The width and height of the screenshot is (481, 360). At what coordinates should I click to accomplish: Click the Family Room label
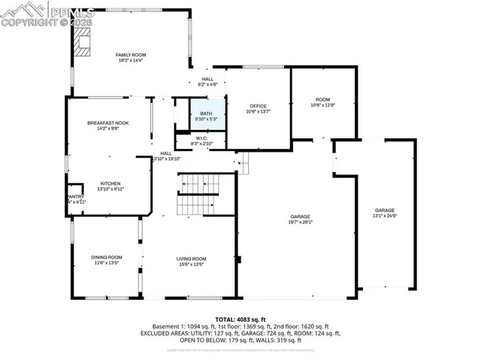[129, 55]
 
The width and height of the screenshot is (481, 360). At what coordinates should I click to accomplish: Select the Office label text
[258, 106]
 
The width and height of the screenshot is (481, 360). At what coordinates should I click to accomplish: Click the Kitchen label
[110, 183]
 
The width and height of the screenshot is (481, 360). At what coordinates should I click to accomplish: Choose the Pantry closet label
[76, 197]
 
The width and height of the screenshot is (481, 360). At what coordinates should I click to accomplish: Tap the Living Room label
[191, 258]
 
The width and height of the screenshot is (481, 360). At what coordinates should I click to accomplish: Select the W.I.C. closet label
[201, 138]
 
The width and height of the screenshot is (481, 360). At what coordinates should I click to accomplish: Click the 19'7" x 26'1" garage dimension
[301, 222]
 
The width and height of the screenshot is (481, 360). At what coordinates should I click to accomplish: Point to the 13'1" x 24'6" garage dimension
[385, 216]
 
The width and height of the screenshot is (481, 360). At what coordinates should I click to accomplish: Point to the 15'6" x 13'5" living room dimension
[191, 264]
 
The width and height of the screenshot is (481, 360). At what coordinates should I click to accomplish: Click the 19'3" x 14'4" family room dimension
[129, 61]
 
